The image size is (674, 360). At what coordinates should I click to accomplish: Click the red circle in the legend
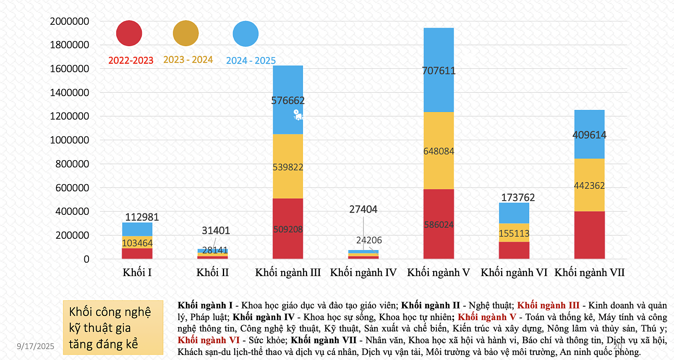point(129,33)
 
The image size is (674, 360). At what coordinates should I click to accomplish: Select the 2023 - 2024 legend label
point(188,60)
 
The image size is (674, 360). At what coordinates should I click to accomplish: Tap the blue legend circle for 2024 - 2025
point(246,34)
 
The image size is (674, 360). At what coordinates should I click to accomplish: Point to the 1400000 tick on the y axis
point(69,92)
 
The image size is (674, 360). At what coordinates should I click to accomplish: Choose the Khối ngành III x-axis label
point(288,273)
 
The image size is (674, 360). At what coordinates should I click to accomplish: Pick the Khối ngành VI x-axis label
point(514,273)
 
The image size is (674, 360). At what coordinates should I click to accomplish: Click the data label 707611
point(439,70)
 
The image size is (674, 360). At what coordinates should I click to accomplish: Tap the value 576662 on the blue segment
point(288,101)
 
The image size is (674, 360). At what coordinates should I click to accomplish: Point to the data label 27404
point(363,209)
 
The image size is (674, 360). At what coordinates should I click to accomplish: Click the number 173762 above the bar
point(518,197)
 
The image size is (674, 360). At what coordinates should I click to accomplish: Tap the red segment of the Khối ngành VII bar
point(589,235)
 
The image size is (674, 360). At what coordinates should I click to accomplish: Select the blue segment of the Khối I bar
point(137,229)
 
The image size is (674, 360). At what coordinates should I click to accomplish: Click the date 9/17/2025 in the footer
point(36,346)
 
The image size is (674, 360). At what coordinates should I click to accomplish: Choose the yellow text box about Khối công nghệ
point(113,328)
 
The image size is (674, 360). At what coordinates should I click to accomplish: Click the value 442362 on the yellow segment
point(589,185)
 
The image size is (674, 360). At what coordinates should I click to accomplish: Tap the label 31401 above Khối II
point(216,230)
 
